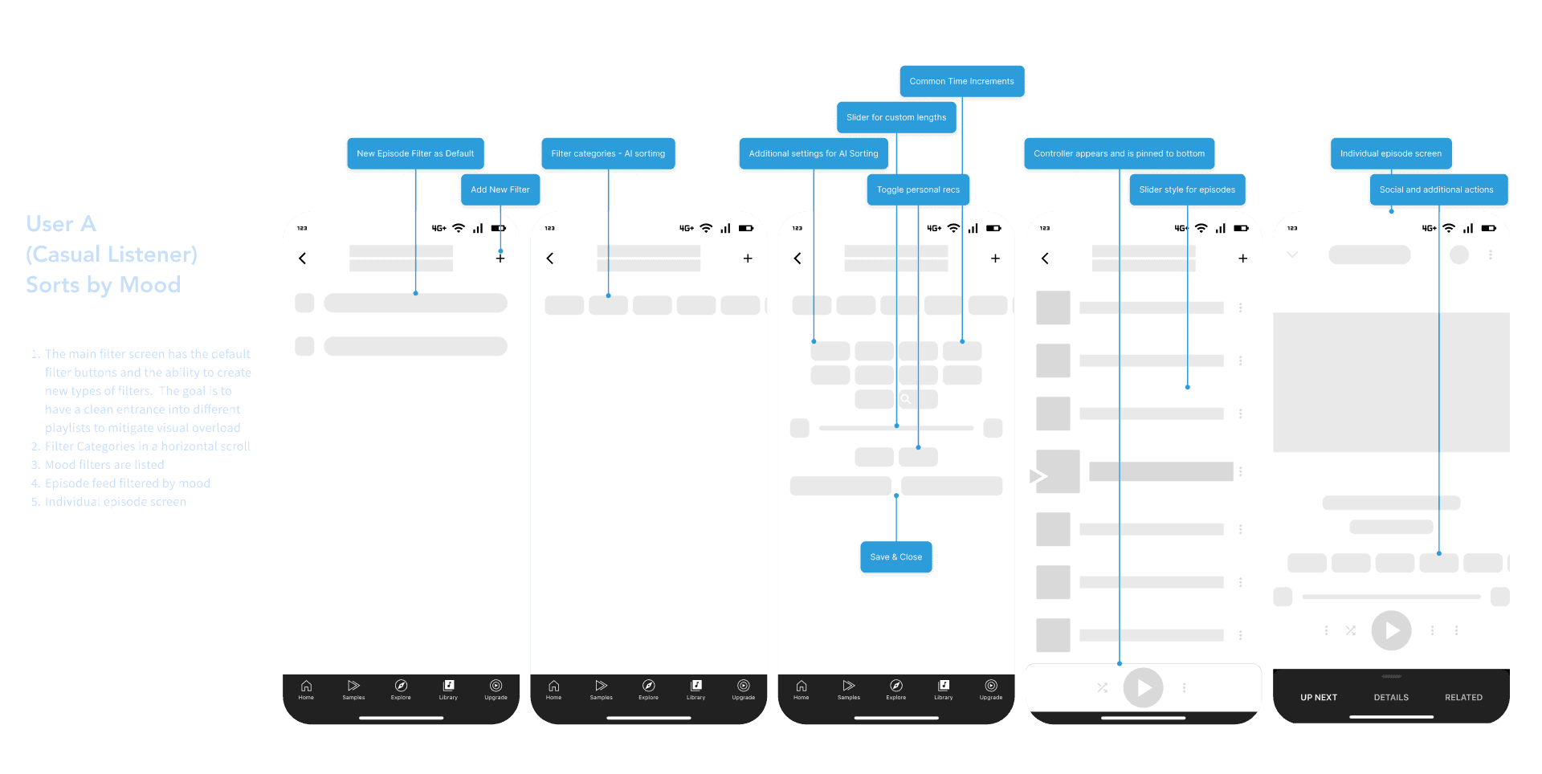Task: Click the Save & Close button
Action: (895, 556)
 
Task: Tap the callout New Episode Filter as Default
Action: (415, 153)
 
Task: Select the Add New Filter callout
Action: (500, 189)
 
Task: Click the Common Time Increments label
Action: (961, 81)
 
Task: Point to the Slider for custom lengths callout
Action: (895, 117)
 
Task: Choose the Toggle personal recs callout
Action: (918, 189)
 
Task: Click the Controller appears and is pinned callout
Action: (1119, 153)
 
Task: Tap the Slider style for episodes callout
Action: (1187, 189)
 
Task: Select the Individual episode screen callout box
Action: (1390, 153)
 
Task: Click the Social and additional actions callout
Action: (1436, 189)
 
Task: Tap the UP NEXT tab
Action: (1319, 697)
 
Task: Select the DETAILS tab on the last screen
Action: (1391, 697)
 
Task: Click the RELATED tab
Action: (1463, 697)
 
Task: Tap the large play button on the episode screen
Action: (1391, 630)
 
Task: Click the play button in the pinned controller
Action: (1143, 687)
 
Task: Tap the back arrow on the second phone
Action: (550, 259)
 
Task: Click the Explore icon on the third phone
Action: (895, 687)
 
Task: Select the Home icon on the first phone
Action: (306, 687)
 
